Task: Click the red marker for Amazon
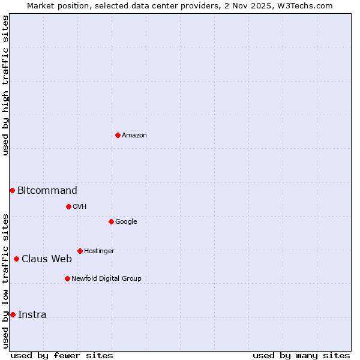(118, 135)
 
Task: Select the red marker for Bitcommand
(12, 190)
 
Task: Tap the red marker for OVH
(68, 206)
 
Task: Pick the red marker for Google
(111, 221)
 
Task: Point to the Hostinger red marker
(80, 251)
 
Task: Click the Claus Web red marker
(16, 259)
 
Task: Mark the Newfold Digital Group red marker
(67, 278)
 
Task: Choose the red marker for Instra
(13, 314)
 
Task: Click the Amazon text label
(134, 136)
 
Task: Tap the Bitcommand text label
(47, 191)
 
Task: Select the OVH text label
(80, 207)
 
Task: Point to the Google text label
(126, 222)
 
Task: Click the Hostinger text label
(99, 251)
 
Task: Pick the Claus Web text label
(47, 259)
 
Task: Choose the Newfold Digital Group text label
(106, 279)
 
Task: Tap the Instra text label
(32, 315)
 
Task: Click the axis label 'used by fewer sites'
(62, 355)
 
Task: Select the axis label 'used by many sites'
(301, 355)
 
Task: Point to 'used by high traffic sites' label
(5, 85)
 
